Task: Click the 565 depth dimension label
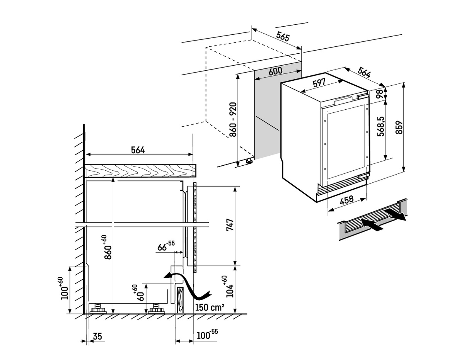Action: (x=283, y=37)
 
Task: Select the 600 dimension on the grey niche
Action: (x=275, y=71)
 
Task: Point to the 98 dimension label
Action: (x=379, y=92)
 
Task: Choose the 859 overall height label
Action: (x=399, y=127)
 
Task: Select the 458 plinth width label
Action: (x=346, y=199)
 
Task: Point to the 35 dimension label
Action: (x=97, y=336)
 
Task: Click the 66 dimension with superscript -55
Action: (x=166, y=246)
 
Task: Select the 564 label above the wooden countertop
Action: (x=137, y=150)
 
